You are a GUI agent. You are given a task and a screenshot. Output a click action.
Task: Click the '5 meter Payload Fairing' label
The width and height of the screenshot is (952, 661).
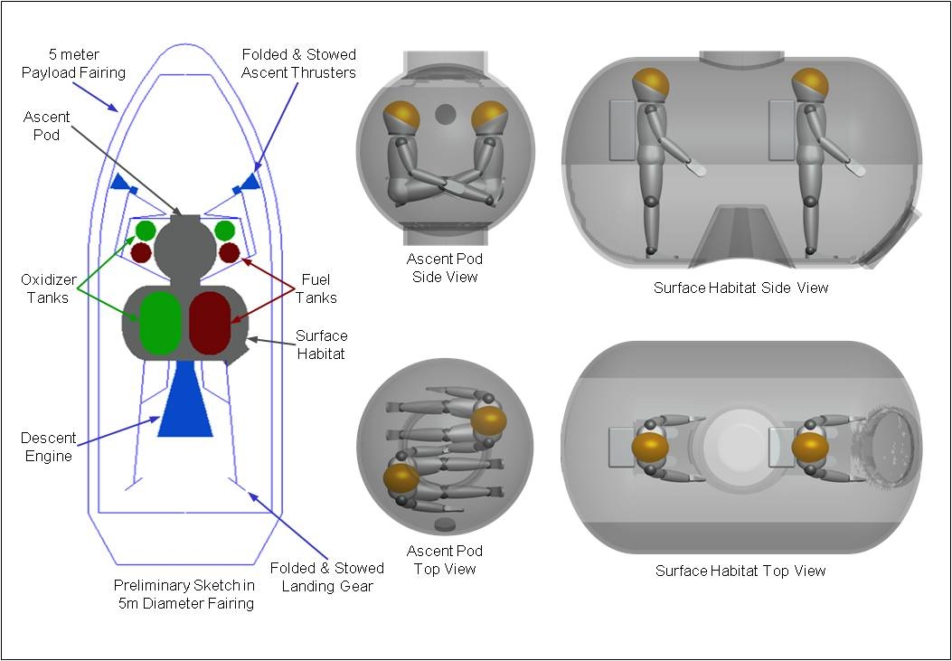[x=73, y=63]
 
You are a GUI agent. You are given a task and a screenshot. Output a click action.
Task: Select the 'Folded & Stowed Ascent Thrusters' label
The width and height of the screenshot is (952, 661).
[x=298, y=63]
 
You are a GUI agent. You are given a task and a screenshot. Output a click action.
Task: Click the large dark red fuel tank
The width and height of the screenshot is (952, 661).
[x=210, y=323]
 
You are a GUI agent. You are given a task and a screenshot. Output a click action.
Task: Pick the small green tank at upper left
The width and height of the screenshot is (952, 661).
[x=146, y=231]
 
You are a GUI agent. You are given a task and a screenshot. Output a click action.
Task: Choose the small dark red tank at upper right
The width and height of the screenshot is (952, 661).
[x=229, y=252]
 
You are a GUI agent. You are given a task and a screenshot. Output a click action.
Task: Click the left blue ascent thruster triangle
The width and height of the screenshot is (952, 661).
[x=119, y=183]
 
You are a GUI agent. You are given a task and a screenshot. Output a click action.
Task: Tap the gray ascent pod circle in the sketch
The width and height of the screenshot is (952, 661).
[x=185, y=249]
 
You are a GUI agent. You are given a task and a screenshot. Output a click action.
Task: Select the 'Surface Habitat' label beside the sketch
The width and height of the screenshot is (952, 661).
[x=322, y=344]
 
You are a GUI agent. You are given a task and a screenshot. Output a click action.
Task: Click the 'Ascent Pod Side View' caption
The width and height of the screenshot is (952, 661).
[x=445, y=269]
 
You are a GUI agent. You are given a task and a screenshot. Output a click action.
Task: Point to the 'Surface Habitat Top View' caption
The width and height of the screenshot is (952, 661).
[x=740, y=571]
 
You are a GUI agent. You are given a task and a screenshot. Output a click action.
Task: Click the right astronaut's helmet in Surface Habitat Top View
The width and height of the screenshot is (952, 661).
[x=810, y=447]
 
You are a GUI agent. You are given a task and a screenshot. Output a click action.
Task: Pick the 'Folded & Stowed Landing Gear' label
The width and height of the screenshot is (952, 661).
[x=326, y=576]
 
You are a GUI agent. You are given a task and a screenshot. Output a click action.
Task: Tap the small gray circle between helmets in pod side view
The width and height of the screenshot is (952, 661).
[x=445, y=115]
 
